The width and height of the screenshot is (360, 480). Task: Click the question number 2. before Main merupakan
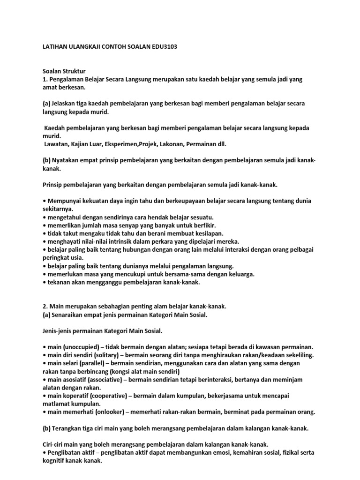pyautogui.click(x=45, y=306)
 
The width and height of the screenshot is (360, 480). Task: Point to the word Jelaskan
pyautogui.click(x=66, y=103)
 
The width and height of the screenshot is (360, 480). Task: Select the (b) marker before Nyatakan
pyautogui.click(x=46, y=160)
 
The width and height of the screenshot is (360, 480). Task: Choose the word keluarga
pyautogui.click(x=240, y=274)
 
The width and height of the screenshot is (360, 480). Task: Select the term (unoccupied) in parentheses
pyautogui.click(x=82, y=347)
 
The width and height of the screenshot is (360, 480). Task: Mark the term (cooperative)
pyautogui.click(x=107, y=396)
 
